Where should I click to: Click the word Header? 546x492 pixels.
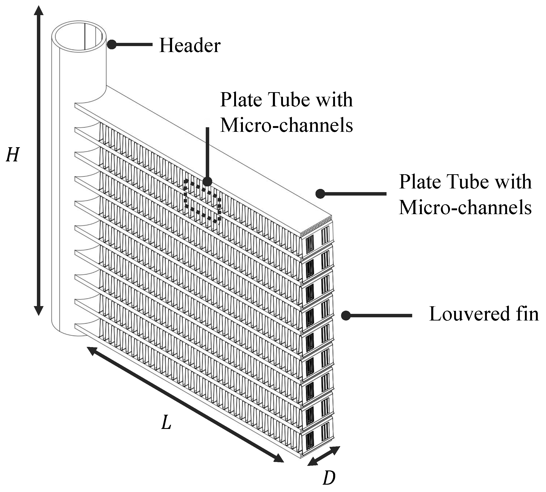190,45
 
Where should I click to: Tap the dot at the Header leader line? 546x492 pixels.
112,44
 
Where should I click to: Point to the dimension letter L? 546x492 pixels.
166,423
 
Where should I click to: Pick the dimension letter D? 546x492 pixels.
329,478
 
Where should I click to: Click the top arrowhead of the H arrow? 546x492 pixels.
39,11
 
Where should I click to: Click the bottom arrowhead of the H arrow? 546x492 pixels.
39,311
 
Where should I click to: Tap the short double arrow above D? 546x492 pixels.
323,456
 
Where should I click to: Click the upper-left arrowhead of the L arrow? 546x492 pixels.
92,351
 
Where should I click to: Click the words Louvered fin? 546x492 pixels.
484,314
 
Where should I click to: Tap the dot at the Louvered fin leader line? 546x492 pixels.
346,315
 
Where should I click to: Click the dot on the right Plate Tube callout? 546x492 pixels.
320,193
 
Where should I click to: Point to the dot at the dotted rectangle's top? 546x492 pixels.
207,182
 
